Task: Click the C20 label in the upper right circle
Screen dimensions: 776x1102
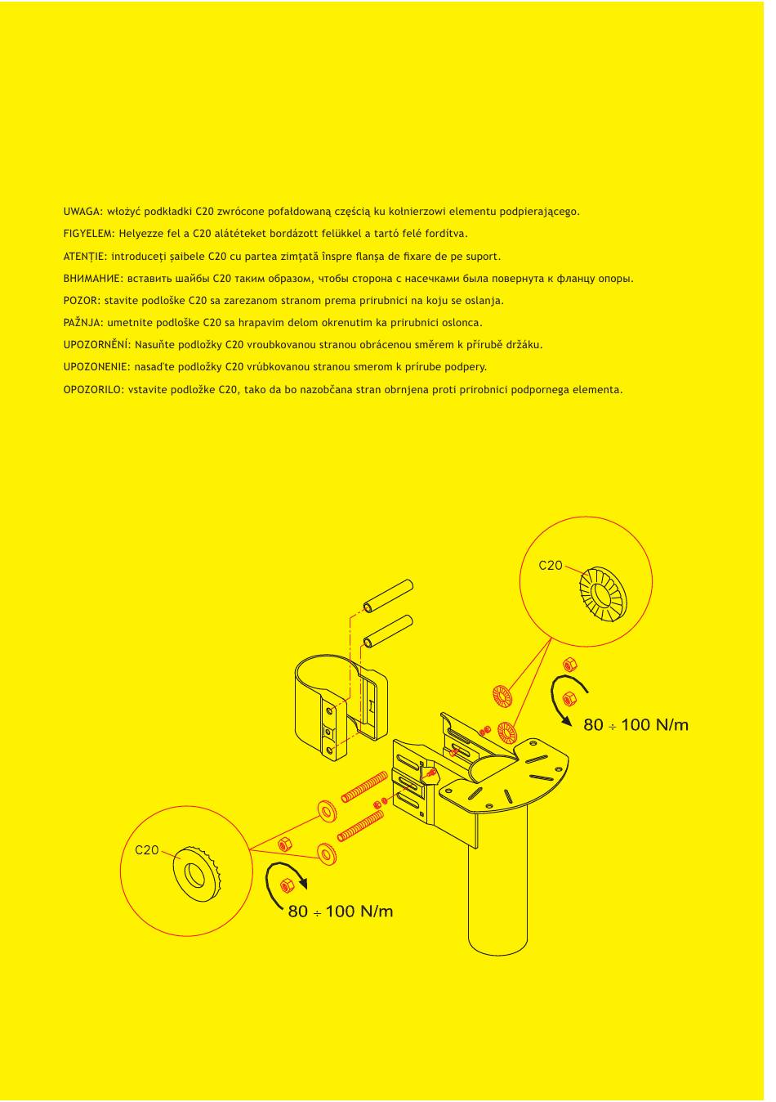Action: [x=551, y=565]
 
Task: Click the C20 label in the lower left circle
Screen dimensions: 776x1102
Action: [x=147, y=850]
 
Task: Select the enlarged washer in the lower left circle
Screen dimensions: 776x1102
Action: [x=195, y=875]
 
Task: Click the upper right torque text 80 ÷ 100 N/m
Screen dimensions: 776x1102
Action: [x=636, y=724]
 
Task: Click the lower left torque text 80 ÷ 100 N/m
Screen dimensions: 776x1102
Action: [x=341, y=911]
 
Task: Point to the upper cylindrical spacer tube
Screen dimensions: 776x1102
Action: [x=388, y=596]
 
